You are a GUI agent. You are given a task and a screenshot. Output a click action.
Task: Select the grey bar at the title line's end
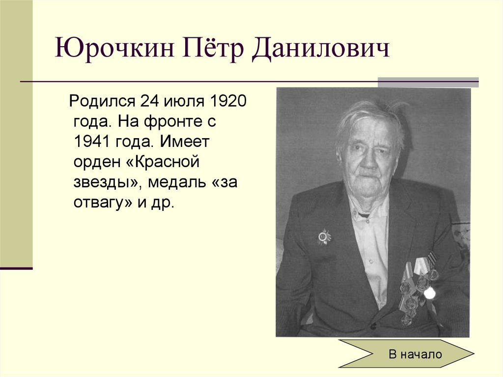428,82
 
